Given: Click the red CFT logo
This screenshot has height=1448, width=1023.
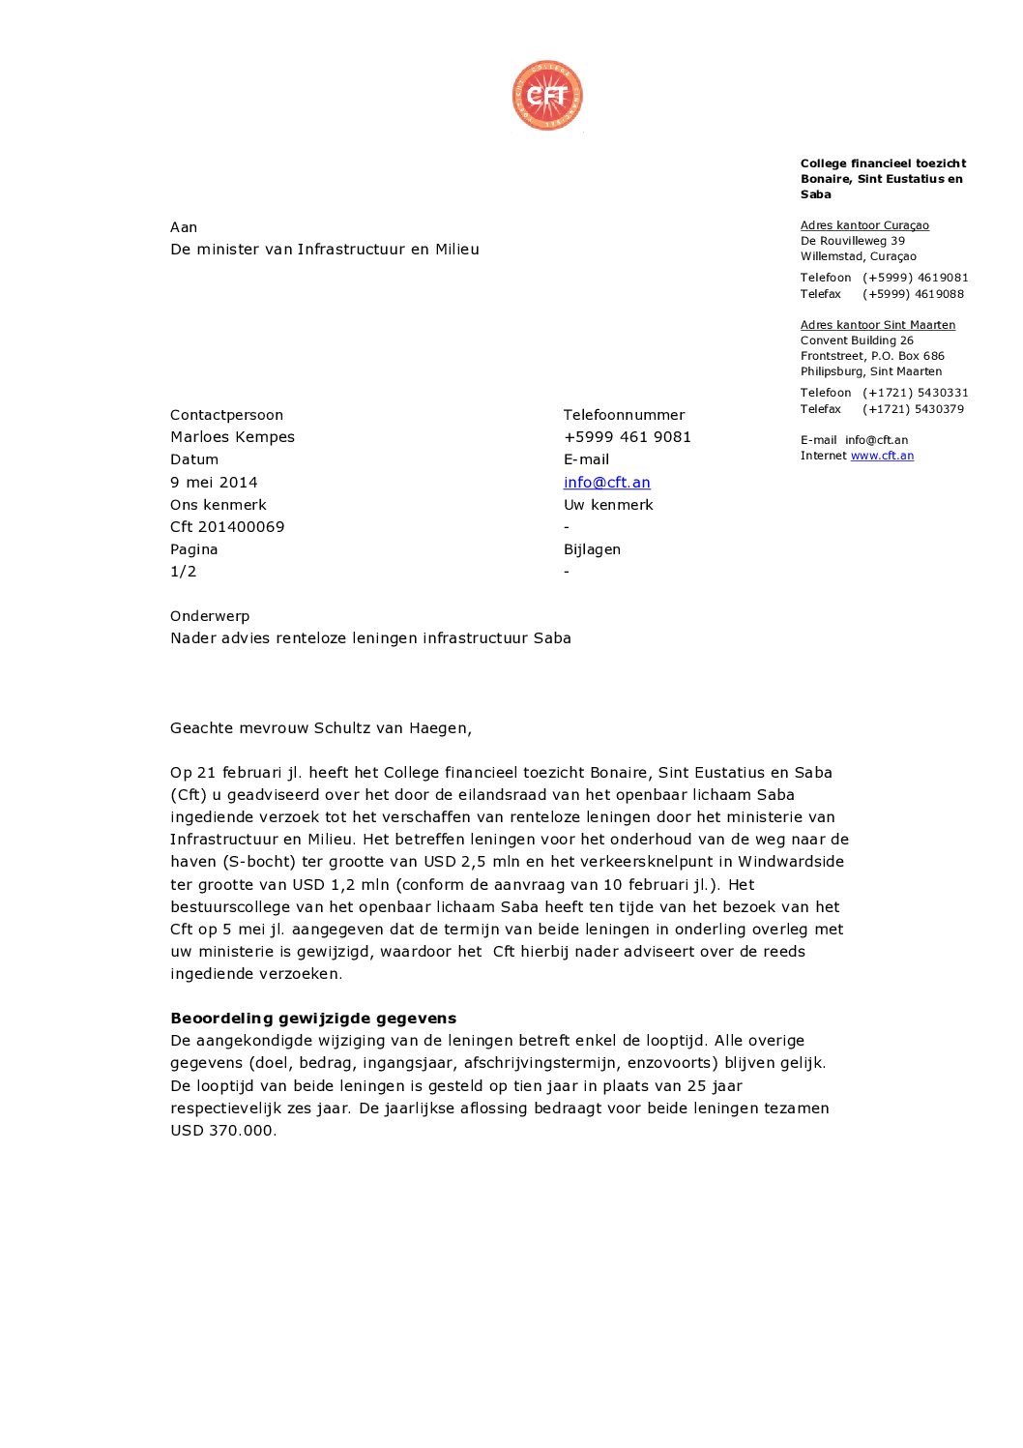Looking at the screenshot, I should click(x=547, y=96).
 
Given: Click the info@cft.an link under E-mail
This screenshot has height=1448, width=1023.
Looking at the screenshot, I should click(x=606, y=482).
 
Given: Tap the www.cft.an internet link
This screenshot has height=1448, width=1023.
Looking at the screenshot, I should click(x=882, y=456).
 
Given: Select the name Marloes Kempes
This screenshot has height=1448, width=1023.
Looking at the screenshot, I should click(x=232, y=437).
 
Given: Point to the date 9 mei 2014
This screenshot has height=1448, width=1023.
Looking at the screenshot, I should click(x=214, y=482).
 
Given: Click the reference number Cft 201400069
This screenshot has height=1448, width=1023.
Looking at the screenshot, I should click(x=227, y=527).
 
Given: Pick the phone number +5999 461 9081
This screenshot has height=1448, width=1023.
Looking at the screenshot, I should click(x=627, y=437).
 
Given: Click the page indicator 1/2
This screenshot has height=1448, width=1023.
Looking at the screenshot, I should click(x=183, y=572).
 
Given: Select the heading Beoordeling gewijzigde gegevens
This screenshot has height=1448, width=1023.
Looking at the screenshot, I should click(x=313, y=1019).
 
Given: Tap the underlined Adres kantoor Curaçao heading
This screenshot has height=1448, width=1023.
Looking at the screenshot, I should click(x=864, y=225).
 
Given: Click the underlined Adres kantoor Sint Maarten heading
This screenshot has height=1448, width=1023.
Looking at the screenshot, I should click(x=877, y=325).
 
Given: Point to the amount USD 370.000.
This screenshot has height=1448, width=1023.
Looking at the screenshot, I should click(x=222, y=1131).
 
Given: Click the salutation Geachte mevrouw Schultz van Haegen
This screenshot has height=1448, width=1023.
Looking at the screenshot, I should click(x=320, y=728).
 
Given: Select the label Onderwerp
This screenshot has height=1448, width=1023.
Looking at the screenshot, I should click(x=210, y=616).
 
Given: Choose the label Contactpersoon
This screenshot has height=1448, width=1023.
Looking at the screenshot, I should click(x=226, y=415).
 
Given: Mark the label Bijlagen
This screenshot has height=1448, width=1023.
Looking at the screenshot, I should click(x=592, y=549).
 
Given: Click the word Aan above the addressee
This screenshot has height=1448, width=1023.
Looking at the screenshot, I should click(x=184, y=227).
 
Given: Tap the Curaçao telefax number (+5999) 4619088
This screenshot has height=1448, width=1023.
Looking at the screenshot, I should click(x=913, y=294).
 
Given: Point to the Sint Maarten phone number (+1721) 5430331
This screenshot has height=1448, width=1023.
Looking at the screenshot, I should click(x=915, y=393).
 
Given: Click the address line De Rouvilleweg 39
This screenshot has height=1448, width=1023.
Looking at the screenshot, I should click(x=852, y=241).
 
